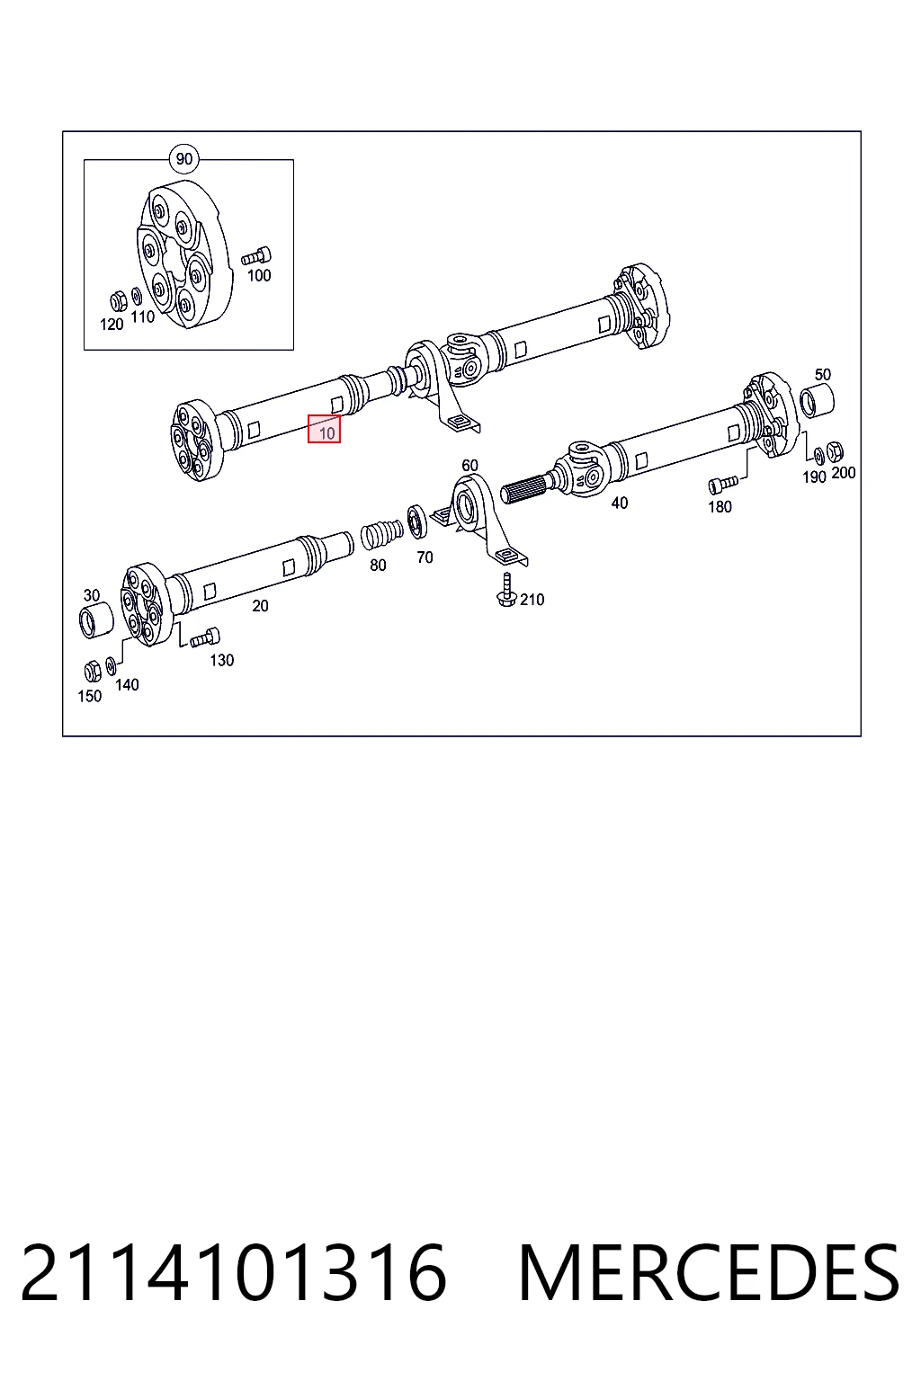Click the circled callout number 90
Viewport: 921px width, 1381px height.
[184, 159]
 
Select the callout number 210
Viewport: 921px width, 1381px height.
[532, 600]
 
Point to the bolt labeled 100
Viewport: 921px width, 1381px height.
[256, 256]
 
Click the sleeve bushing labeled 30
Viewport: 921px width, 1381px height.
[97, 621]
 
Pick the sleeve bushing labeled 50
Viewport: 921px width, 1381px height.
[817, 399]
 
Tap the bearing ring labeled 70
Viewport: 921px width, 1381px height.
[417, 521]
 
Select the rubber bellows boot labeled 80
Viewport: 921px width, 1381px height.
[381, 535]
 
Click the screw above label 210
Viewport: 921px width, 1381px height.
[505, 590]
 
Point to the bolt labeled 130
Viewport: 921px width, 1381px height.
[205, 637]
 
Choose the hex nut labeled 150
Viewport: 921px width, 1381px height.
[92, 670]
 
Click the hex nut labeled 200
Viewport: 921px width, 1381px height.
[834, 451]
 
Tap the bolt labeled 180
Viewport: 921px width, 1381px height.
[723, 485]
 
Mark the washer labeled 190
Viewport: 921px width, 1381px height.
[818, 456]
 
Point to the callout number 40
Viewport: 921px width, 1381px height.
[620, 503]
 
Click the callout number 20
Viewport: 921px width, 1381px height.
[260, 606]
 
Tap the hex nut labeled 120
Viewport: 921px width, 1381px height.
[119, 302]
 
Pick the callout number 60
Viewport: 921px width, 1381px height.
[470, 466]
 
